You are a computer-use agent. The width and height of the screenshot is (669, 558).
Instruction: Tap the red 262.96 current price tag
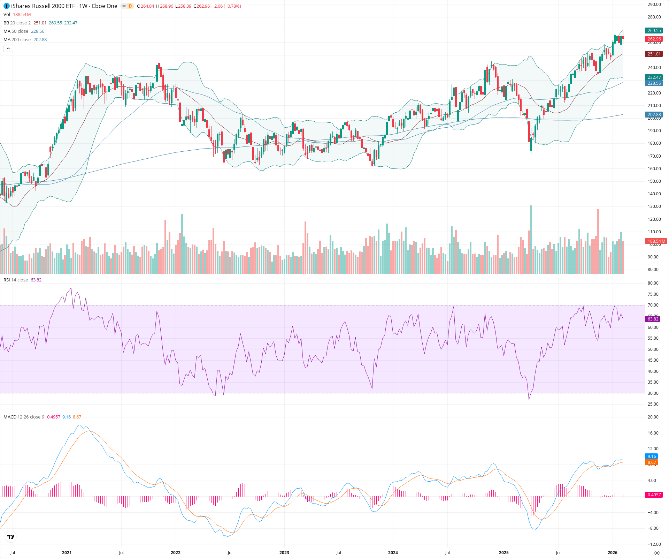click(654, 39)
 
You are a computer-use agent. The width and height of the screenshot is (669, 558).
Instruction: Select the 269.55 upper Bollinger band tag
click(654, 31)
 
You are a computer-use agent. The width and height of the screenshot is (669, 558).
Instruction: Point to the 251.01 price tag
click(654, 54)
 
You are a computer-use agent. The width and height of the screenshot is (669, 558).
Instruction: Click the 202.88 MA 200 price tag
click(654, 115)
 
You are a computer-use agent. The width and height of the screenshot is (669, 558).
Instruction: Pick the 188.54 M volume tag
click(656, 241)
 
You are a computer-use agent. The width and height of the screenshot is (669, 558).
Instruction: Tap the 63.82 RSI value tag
click(653, 319)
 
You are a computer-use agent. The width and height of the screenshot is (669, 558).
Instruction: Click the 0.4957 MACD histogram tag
click(654, 495)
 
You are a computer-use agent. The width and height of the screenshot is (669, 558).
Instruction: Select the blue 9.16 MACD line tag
click(652, 457)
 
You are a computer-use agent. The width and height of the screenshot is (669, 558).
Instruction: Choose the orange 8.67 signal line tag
click(652, 462)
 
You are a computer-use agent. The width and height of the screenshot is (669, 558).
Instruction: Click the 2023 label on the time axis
click(284, 553)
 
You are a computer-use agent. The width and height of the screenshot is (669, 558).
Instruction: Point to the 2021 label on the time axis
click(67, 553)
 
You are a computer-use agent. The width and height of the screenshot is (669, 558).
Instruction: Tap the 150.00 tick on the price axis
click(654, 181)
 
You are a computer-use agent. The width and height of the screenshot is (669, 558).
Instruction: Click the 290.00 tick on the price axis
click(654, 5)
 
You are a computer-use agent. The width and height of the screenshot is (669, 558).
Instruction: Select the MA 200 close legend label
click(17, 40)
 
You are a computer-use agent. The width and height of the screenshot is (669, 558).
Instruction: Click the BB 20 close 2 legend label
click(17, 23)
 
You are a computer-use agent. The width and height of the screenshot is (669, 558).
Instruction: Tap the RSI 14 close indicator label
click(16, 280)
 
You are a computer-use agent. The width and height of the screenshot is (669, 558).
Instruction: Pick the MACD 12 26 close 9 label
click(24, 417)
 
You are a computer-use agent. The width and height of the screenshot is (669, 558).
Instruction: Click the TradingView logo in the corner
click(11, 537)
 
